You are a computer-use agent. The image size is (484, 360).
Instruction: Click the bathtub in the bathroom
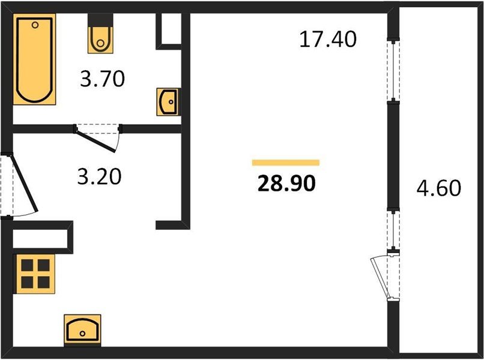(x=34, y=59)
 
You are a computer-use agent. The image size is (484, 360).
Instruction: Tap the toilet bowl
(x=100, y=40)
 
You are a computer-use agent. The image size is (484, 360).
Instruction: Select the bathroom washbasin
(x=168, y=102)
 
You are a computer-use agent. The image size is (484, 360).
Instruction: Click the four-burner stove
(x=35, y=274)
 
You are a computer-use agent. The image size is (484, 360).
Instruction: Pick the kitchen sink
(x=82, y=331)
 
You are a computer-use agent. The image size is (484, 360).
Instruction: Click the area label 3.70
(x=103, y=79)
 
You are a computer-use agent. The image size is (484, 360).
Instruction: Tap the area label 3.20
(x=100, y=176)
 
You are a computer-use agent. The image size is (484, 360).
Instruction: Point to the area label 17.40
(x=328, y=39)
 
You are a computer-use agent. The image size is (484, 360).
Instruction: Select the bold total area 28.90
(x=286, y=183)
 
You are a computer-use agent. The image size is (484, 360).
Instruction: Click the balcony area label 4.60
(x=438, y=188)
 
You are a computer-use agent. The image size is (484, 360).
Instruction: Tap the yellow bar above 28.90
(x=286, y=163)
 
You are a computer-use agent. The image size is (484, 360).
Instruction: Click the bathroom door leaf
(x=95, y=141)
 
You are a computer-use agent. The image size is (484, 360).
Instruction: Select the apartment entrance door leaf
(x=24, y=184)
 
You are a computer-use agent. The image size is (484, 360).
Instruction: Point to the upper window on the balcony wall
(x=393, y=70)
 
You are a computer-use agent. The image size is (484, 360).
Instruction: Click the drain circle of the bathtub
(x=35, y=25)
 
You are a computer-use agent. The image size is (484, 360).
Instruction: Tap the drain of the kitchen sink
(x=82, y=334)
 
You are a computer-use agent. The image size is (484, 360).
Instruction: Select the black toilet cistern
(x=100, y=20)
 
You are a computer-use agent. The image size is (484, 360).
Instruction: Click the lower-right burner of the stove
(x=44, y=282)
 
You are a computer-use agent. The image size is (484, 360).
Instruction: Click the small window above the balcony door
(x=393, y=230)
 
